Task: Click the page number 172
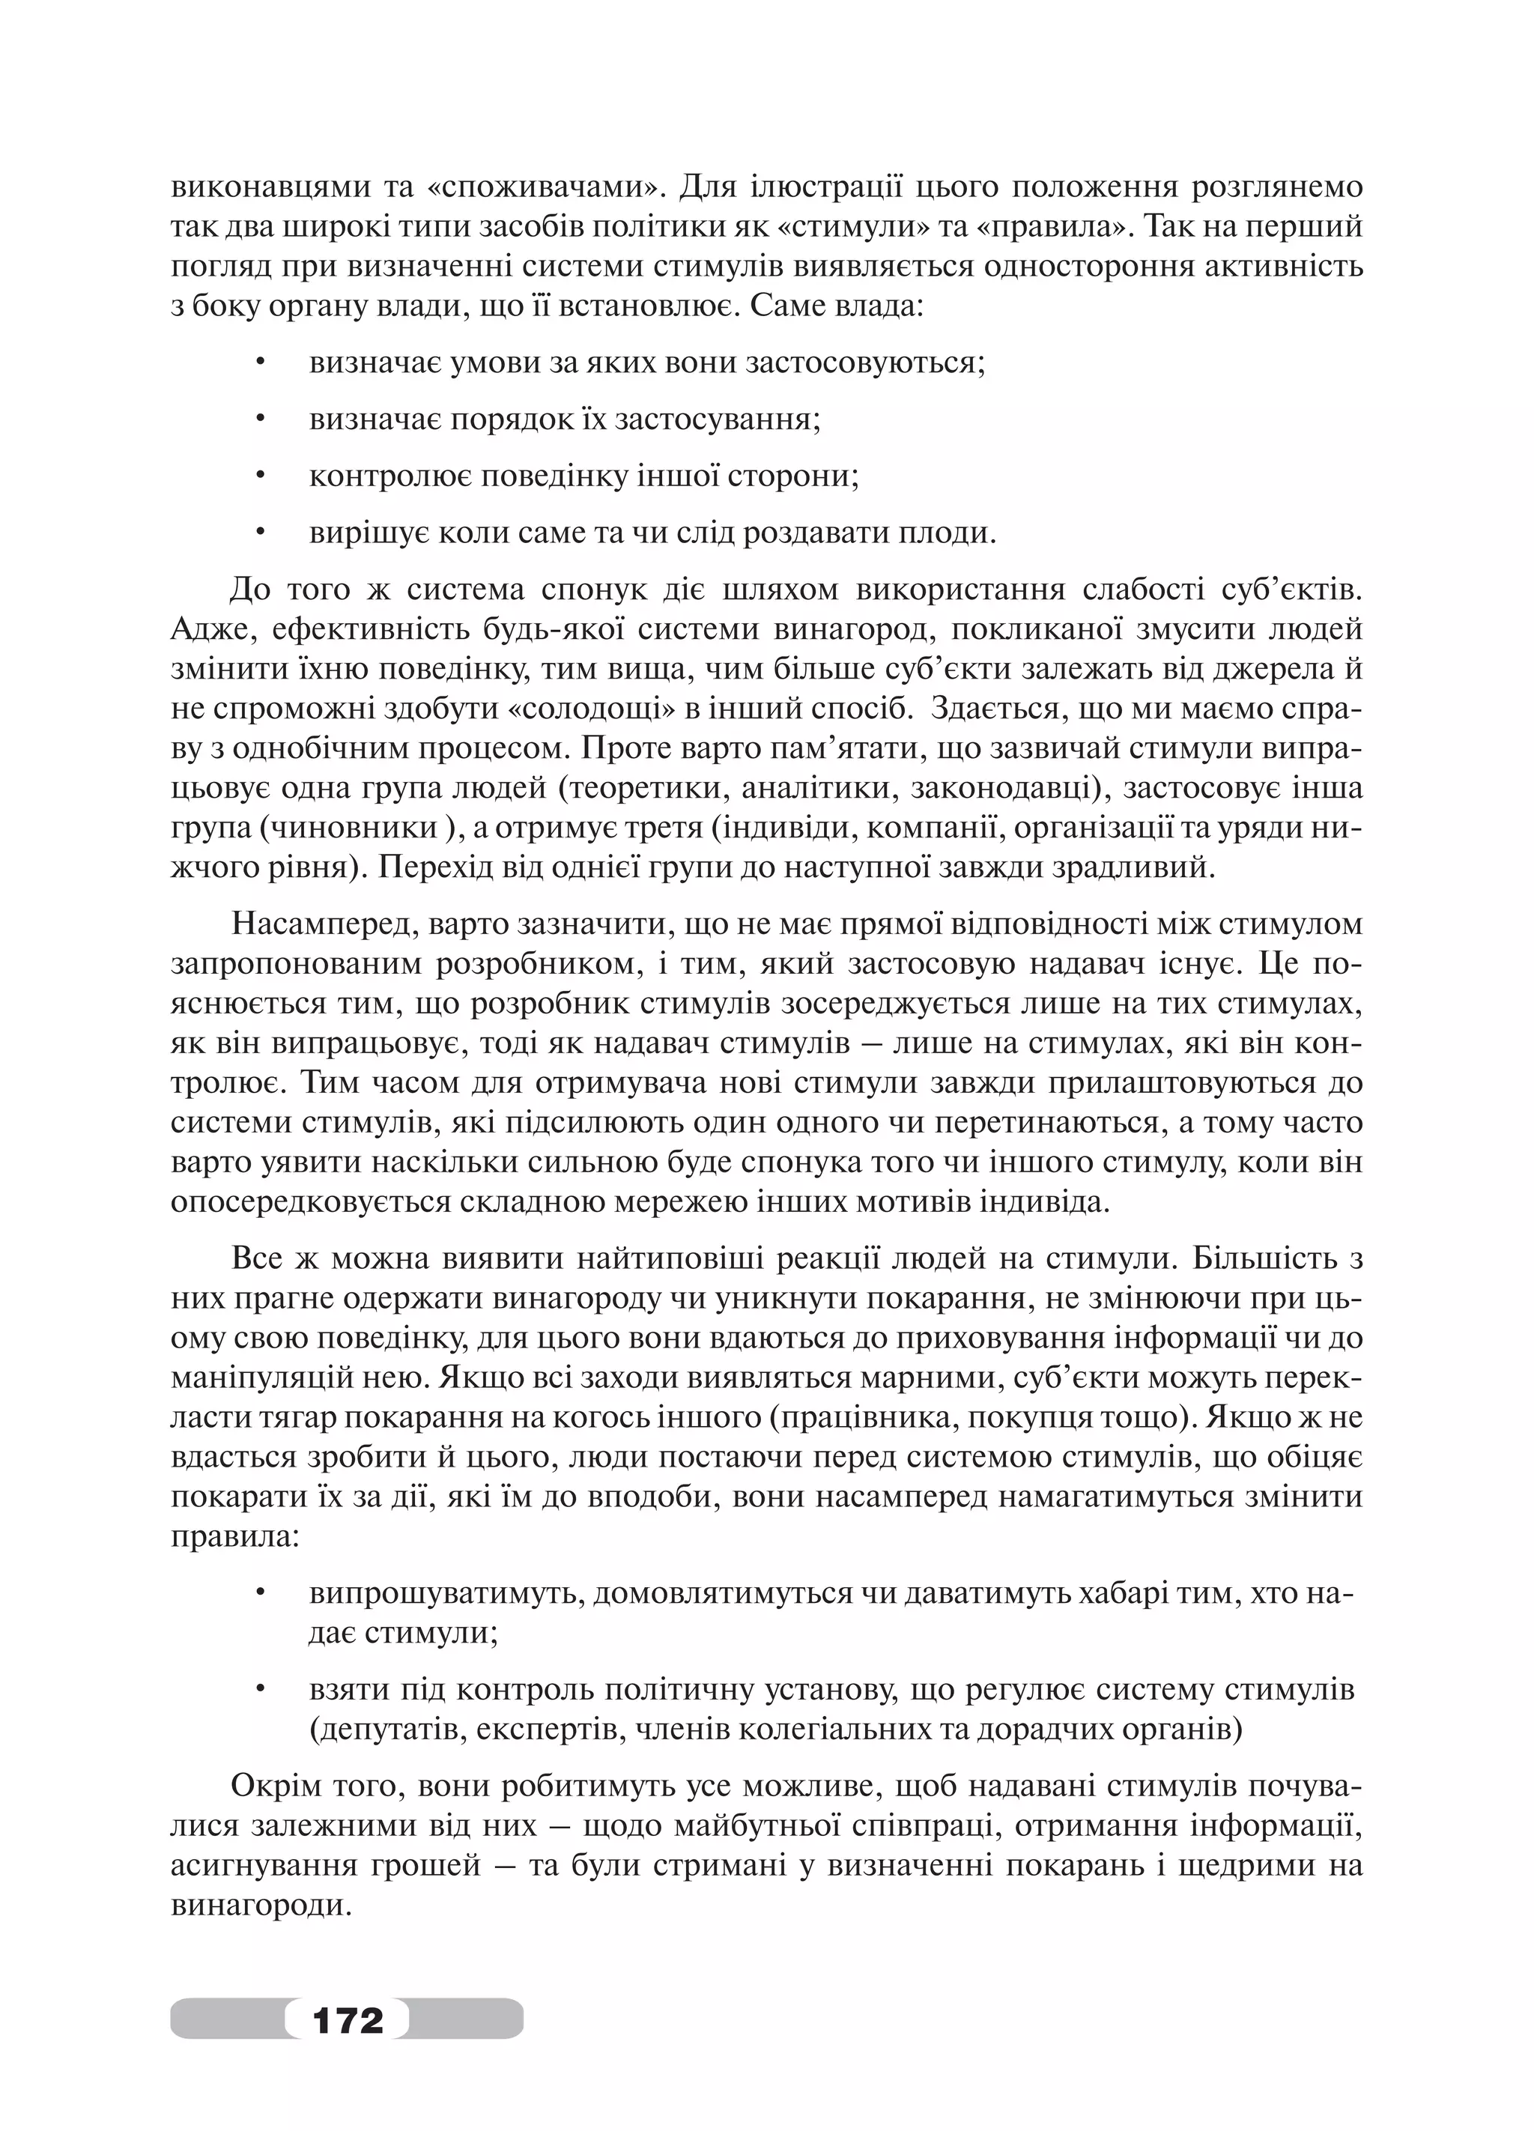pos(348,2018)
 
